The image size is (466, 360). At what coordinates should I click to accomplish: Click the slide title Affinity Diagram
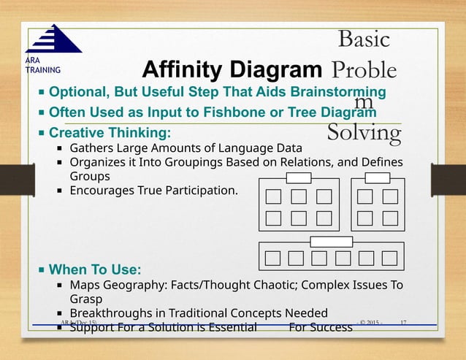232,71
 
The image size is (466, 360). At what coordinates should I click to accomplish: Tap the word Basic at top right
364,39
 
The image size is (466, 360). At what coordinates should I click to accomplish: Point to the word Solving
364,133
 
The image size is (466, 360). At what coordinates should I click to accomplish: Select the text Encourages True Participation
153,191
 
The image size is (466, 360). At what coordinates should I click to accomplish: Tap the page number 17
404,323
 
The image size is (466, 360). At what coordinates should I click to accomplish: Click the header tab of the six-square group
298,177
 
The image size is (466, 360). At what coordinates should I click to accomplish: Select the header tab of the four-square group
377,177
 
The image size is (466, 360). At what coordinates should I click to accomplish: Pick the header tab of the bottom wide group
331,241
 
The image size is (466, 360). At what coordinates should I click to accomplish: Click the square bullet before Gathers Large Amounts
60,149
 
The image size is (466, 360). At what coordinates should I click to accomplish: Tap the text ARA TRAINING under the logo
36,65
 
